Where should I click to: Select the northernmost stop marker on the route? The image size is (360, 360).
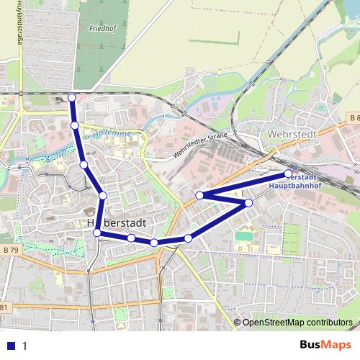point(71,97)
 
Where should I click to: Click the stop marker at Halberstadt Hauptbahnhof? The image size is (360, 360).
point(288,174)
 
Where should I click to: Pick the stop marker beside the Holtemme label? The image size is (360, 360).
point(75,126)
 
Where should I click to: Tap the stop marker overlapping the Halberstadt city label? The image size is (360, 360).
point(97,233)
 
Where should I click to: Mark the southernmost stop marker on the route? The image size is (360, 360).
point(154,243)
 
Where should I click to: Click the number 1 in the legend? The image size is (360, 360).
point(24,346)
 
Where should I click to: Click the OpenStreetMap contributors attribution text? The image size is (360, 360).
point(297,323)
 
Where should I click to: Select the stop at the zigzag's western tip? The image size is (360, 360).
point(199,195)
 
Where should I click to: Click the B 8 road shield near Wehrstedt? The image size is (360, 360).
point(353,117)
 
